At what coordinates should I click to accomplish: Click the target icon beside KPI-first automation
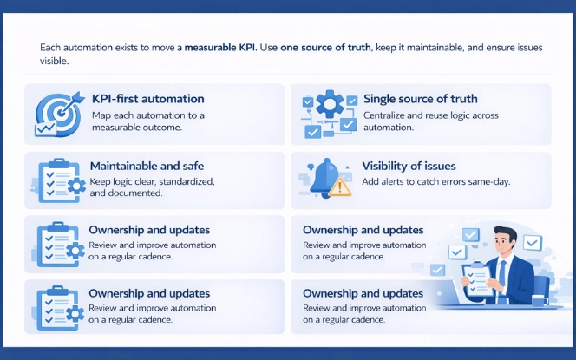(56, 112)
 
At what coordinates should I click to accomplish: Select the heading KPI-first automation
(147, 99)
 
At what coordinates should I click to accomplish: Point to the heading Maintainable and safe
(148, 166)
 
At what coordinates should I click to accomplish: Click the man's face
(504, 241)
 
